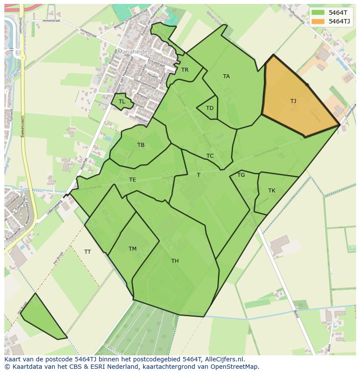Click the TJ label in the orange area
click(293, 101)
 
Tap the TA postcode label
click(226, 76)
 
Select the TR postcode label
click(185, 70)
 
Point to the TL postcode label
click(122, 102)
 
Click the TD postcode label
click(210, 108)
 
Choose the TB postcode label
click(141, 145)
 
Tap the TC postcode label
click(210, 156)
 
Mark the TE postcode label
click(132, 180)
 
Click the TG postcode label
click(241, 175)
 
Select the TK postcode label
click(272, 191)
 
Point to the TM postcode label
click(133, 249)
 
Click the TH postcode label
click(175, 261)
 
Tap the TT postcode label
click(87, 252)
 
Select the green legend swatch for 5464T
click(318, 13)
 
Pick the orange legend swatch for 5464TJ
click(318, 21)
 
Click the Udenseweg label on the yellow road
click(23, 126)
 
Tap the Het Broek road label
click(56, 259)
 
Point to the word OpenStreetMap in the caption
click(236, 367)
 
